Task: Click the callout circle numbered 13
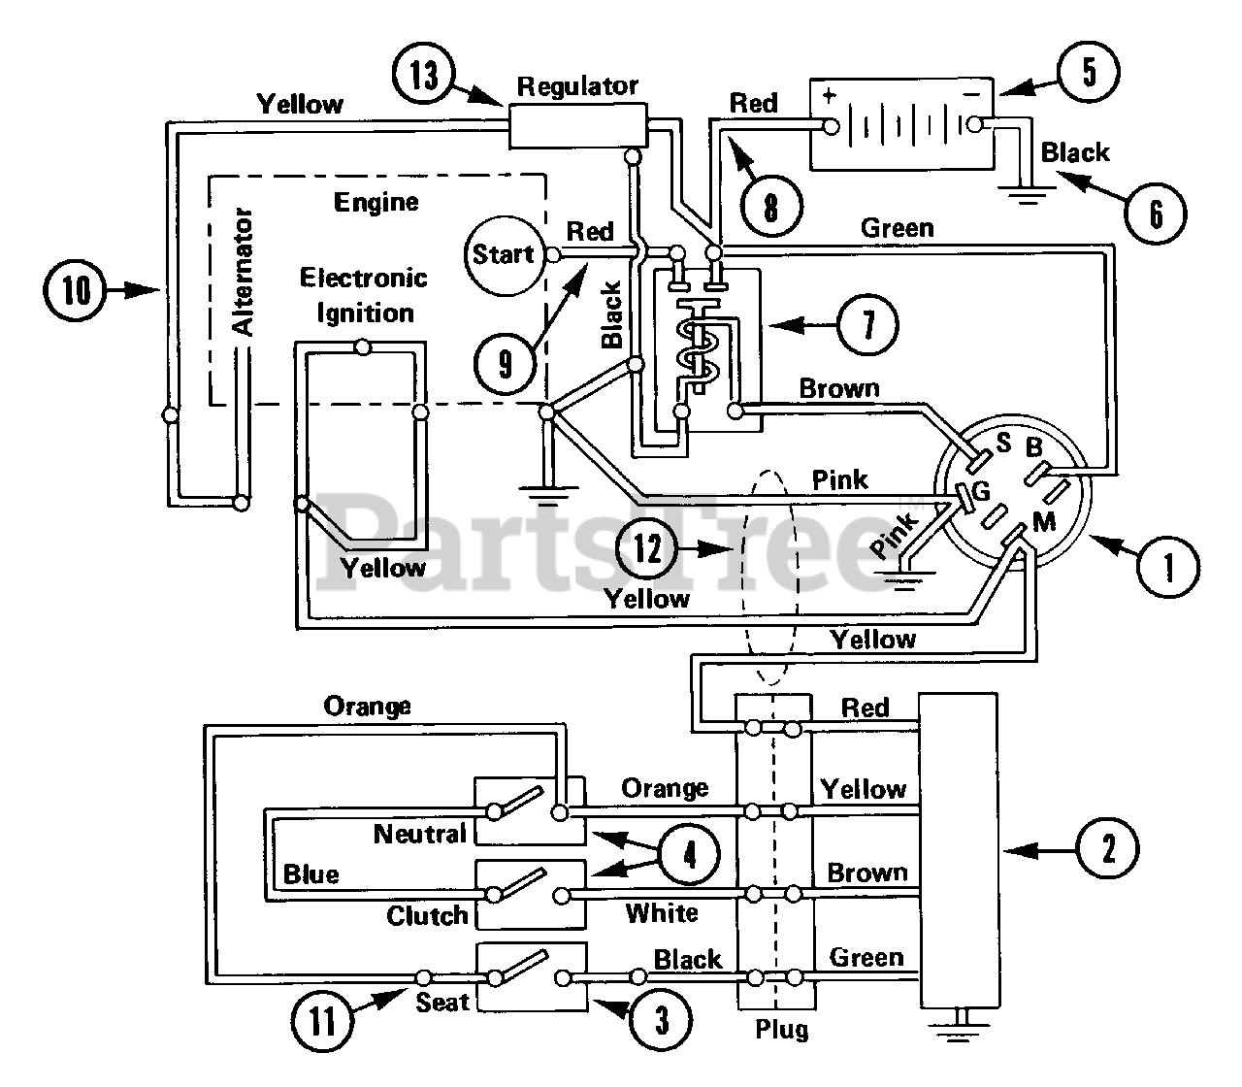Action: (x=423, y=76)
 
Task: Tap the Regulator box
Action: (x=577, y=126)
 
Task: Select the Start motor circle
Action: (x=504, y=255)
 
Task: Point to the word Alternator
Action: (x=243, y=271)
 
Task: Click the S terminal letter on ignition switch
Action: (x=1004, y=443)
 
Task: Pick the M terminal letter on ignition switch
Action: (x=1044, y=521)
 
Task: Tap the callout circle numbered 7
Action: (x=867, y=325)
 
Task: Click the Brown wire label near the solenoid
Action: (x=839, y=388)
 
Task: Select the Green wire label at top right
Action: (x=897, y=228)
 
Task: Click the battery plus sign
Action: (x=830, y=95)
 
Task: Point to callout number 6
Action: (x=1156, y=214)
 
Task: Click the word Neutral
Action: (x=419, y=834)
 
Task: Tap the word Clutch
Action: (x=427, y=916)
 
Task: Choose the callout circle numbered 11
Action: (x=322, y=1020)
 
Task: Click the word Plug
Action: (x=782, y=1030)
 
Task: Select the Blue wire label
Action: (x=310, y=874)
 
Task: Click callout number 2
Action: (x=1107, y=848)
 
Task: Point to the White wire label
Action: (x=662, y=912)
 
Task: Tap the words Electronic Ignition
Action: (x=364, y=296)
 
